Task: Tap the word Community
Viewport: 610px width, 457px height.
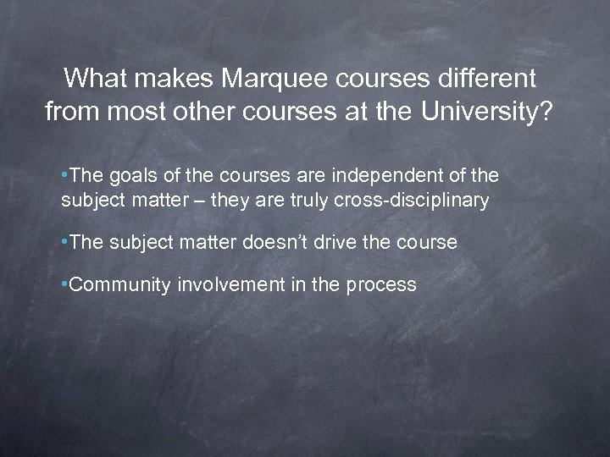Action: coord(120,284)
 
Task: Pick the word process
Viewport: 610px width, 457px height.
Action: coord(380,285)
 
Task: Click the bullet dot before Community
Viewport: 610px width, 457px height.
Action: coord(65,284)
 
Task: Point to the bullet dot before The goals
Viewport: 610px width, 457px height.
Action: coord(65,175)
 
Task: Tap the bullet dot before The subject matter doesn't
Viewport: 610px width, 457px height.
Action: coord(65,243)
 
